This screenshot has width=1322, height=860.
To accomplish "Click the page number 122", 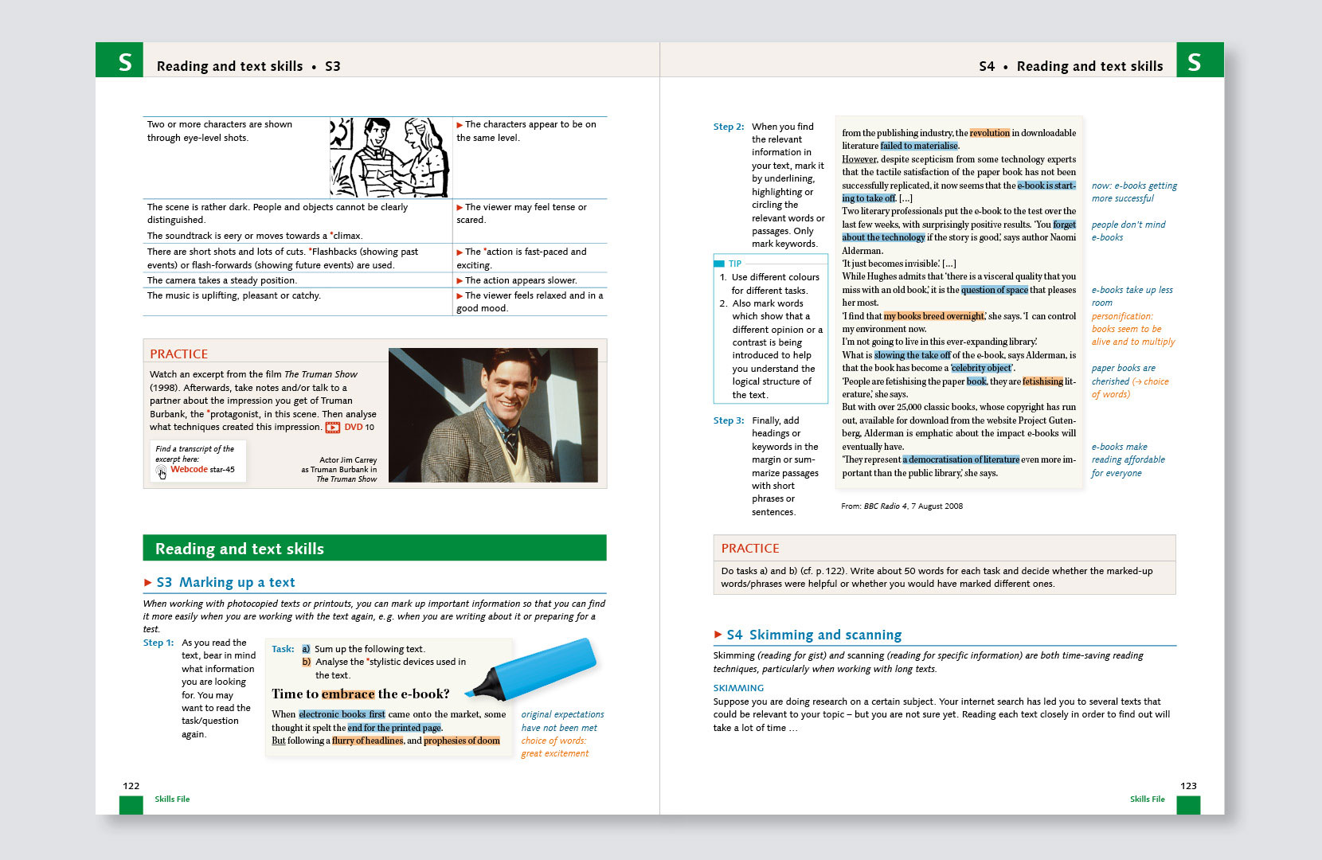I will click(131, 786).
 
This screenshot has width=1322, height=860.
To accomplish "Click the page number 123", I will click(1188, 786).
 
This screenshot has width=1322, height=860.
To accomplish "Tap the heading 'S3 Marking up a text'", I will click(225, 582).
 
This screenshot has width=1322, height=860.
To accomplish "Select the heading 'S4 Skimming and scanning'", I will click(814, 635).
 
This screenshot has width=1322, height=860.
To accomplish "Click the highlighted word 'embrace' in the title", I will click(348, 694).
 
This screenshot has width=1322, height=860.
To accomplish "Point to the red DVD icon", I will click(332, 428).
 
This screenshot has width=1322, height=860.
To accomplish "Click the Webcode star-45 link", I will click(202, 470).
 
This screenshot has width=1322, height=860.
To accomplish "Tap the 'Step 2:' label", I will click(729, 127).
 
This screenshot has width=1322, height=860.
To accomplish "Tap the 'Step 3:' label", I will click(729, 420).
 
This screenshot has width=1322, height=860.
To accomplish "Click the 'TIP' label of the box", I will click(734, 264).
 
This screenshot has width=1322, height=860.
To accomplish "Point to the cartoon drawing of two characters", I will click(389, 157).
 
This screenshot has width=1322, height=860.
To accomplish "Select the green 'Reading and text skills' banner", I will click(374, 548).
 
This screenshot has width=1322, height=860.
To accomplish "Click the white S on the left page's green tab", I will click(125, 62).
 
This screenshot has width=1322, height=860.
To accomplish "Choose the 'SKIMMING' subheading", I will click(738, 688).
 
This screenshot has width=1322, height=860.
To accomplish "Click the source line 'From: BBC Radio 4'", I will click(902, 506).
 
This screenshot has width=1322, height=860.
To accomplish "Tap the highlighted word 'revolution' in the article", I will click(989, 133).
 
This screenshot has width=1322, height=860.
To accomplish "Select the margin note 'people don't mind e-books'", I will click(1128, 231).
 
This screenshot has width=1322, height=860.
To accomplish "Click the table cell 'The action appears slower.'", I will click(521, 280).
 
